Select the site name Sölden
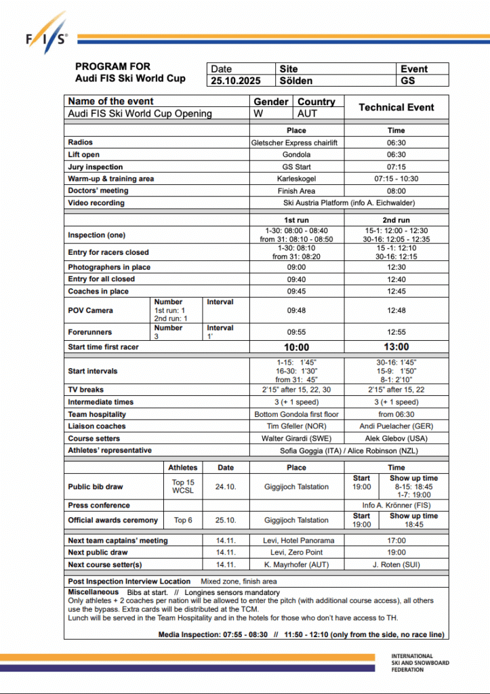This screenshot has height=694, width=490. [296, 81]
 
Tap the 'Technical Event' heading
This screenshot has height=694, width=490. [396, 107]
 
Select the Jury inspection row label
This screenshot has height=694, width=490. [96, 167]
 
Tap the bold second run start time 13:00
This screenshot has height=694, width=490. [396, 348]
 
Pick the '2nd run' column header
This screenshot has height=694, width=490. [396, 220]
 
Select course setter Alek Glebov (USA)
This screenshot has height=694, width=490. [396, 438]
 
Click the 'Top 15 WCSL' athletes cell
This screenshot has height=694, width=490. [183, 487]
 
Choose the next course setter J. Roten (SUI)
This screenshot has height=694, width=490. [396, 565]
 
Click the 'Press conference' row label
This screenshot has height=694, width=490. [99, 506]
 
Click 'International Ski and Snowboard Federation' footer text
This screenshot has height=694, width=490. [420, 662]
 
